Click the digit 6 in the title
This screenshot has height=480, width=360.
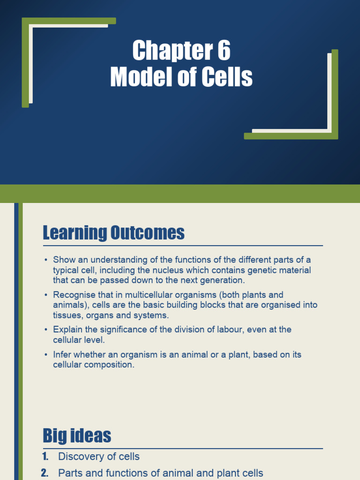pos(224,51)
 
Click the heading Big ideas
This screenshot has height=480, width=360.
pos(77,435)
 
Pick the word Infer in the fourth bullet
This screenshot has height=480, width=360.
pos(62,354)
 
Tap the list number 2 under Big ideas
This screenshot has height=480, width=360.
pos(45,473)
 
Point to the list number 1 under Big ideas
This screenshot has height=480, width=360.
pos(45,456)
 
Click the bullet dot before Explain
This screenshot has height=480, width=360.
pos(46,330)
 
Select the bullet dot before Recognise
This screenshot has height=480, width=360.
pos(46,295)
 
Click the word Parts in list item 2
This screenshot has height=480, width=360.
pos(70,473)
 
